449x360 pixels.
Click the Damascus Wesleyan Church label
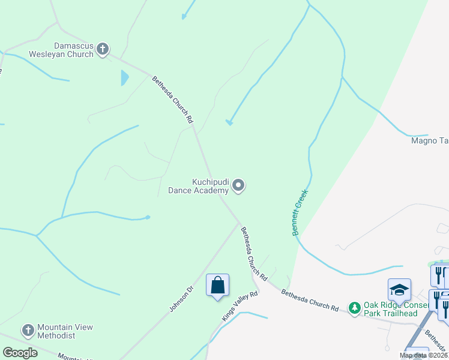pyautogui.click(x=73, y=50)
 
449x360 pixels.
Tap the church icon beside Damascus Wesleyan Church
pyautogui.click(x=103, y=49)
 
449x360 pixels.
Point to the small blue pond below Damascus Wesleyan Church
pyautogui.click(x=124, y=78)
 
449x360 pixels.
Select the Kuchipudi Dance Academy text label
pyautogui.click(x=210, y=186)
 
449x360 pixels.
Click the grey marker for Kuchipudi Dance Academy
pyautogui.click(x=238, y=186)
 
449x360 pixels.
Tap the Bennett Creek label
pyautogui.click(x=300, y=212)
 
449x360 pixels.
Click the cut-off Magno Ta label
pyautogui.click(x=430, y=141)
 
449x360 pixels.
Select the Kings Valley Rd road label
pyautogui.click(x=240, y=306)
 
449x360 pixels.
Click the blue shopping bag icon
pyautogui.click(x=217, y=285)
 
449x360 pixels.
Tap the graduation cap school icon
pyautogui.click(x=399, y=290)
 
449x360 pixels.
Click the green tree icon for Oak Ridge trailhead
pyautogui.click(x=355, y=308)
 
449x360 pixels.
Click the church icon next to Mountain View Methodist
pyautogui.click(x=28, y=331)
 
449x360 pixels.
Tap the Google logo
pyautogui.click(x=20, y=353)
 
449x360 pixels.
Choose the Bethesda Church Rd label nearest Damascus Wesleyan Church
pyautogui.click(x=173, y=99)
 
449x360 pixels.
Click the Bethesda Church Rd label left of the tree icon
pyautogui.click(x=310, y=300)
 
